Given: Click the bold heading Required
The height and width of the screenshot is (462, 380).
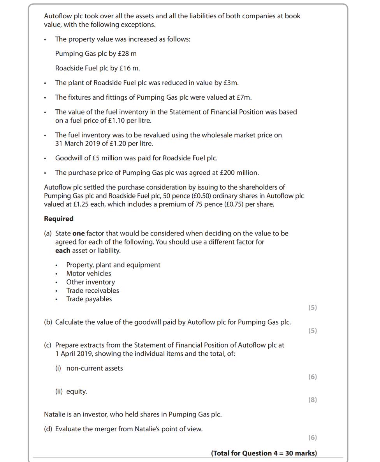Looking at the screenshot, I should (x=59, y=219).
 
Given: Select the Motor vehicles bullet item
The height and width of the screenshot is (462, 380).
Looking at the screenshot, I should (x=88, y=274).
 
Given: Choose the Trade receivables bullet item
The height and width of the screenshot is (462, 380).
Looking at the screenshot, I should (x=93, y=291).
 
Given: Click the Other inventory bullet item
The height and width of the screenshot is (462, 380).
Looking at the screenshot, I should (x=90, y=282).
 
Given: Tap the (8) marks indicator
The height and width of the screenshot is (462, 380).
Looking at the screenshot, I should (x=312, y=400).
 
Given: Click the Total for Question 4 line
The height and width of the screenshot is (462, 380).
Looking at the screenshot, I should (x=264, y=453).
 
